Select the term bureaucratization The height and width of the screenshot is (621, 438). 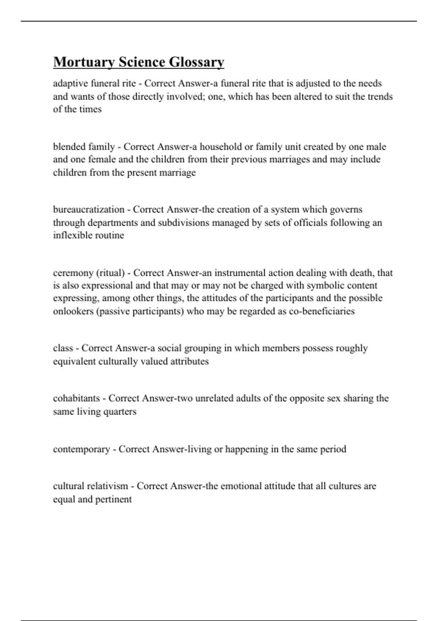[89, 210]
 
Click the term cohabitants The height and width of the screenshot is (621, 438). [76, 398]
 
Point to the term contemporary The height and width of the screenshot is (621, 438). [81, 449]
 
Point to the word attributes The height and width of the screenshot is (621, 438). [189, 362]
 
